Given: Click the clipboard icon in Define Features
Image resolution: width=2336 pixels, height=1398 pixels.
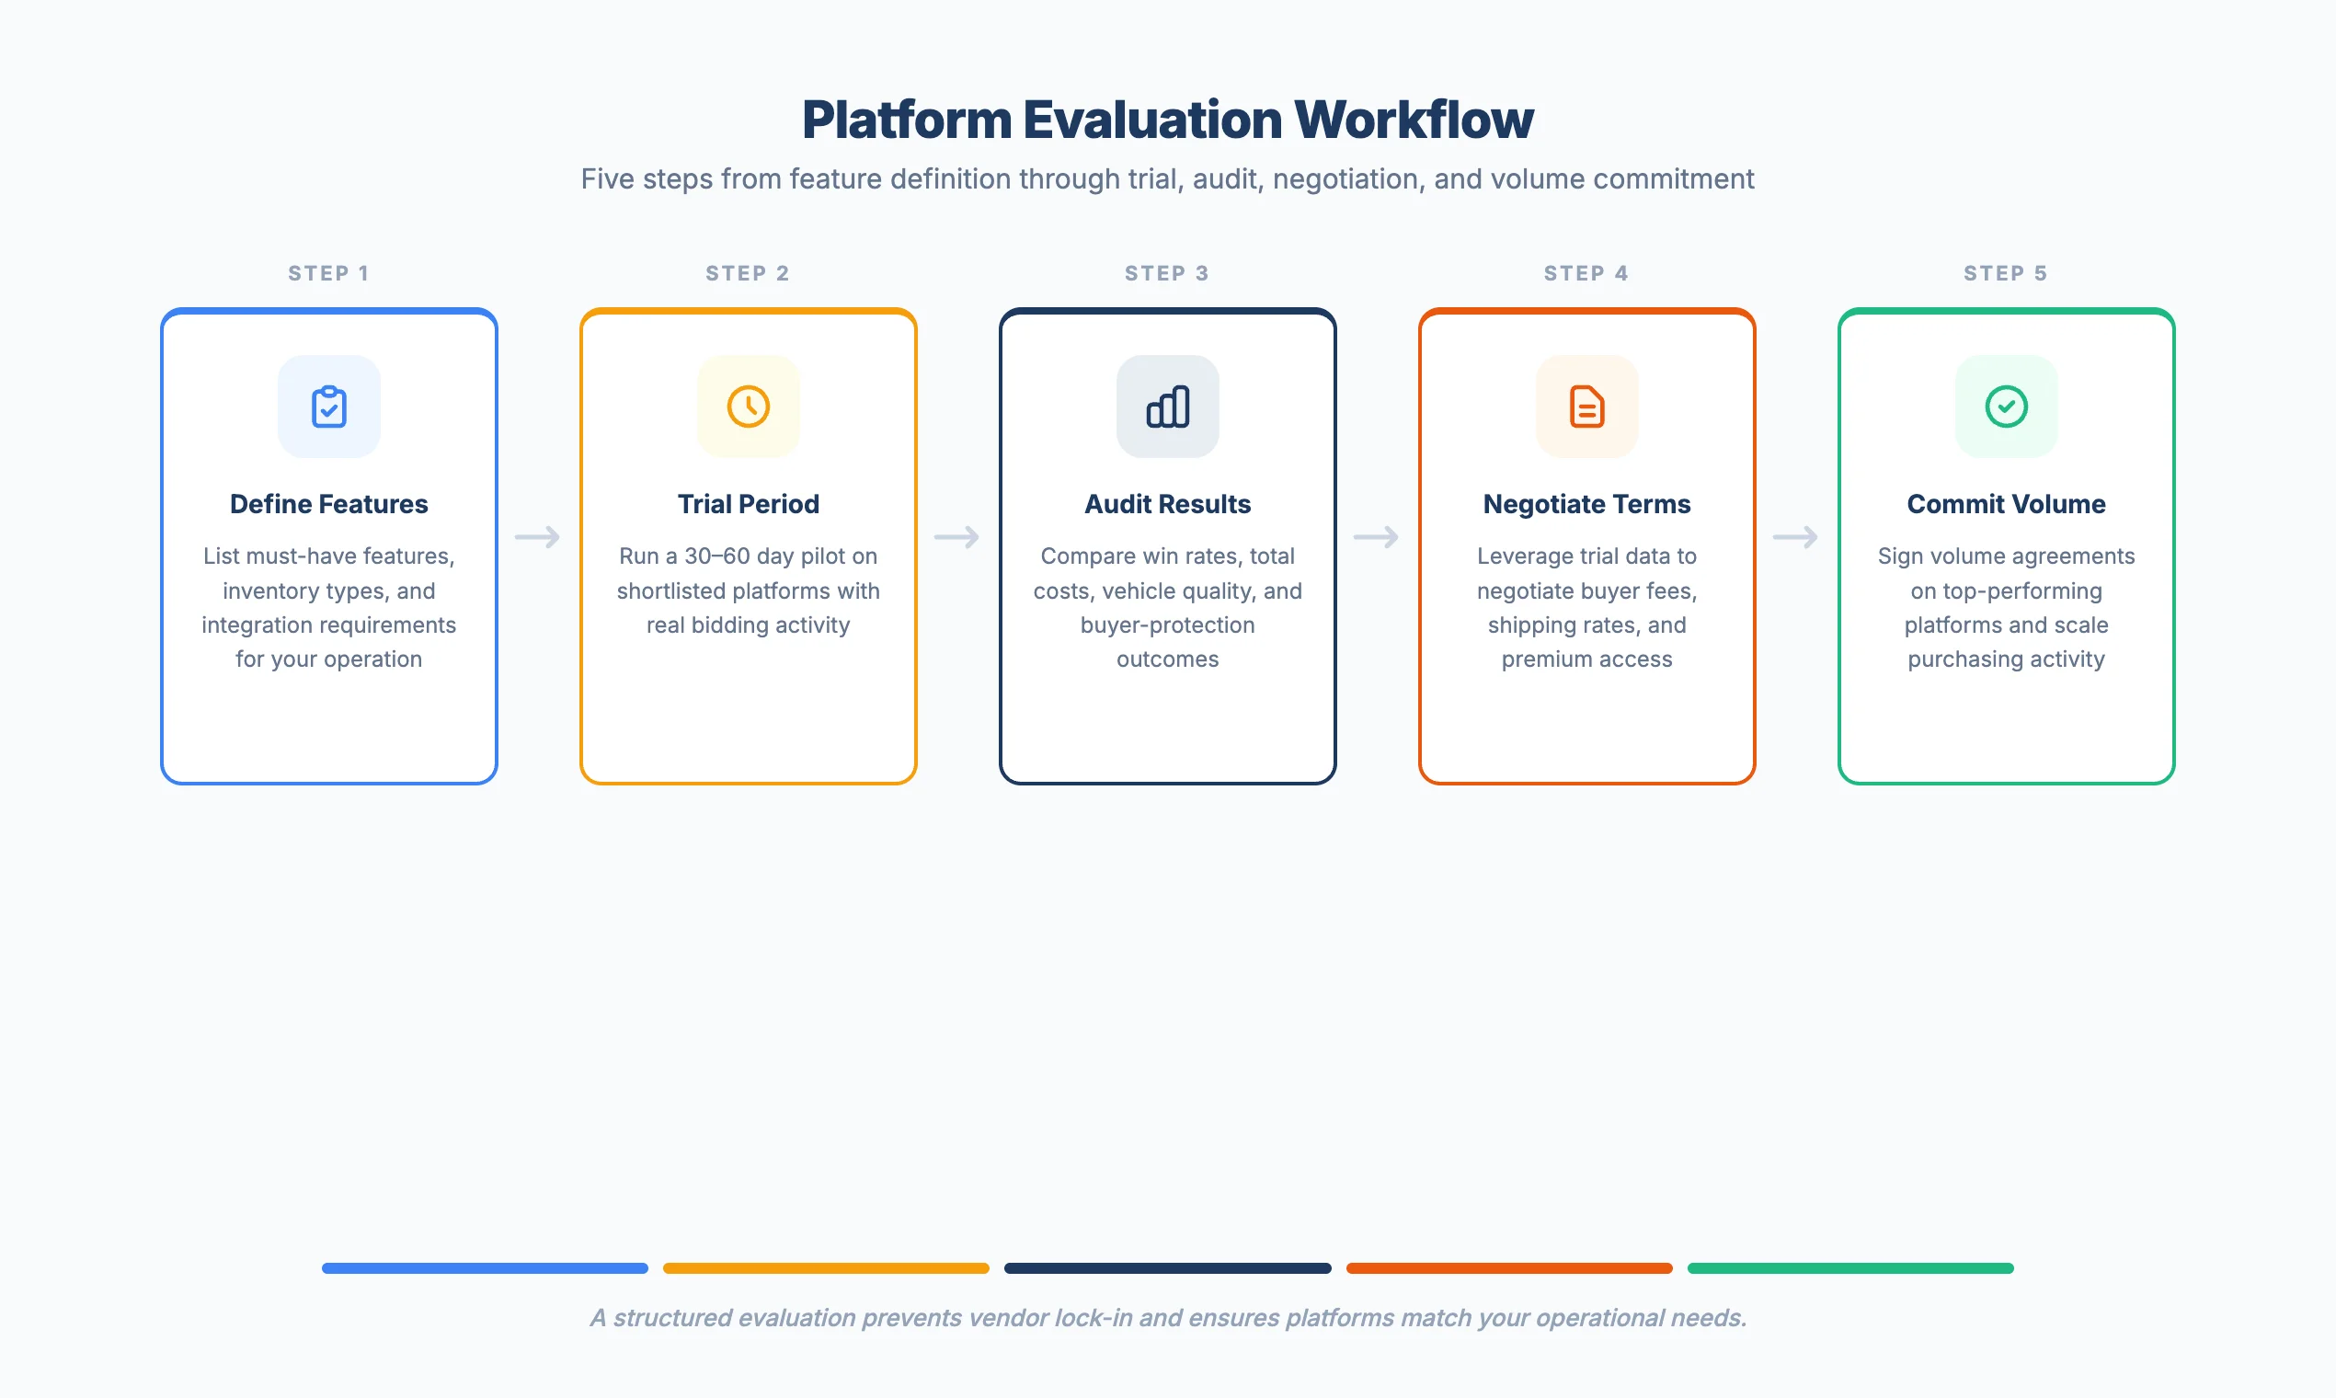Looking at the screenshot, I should point(328,407).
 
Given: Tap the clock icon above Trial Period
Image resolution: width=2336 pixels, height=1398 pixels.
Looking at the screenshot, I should point(748,407).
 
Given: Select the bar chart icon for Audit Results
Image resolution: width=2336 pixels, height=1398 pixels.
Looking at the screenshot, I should point(1167,407).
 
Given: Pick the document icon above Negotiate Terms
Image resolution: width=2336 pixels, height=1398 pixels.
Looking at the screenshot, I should point(1586,407).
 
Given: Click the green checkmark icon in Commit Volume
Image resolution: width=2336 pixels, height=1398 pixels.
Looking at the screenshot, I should point(2006,407).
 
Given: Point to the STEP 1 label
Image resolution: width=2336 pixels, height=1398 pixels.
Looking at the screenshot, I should point(328,273).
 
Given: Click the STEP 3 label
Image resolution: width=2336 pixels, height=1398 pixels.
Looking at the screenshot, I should point(1166,273).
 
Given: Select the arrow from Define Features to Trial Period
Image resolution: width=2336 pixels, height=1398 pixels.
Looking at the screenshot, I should point(538,537).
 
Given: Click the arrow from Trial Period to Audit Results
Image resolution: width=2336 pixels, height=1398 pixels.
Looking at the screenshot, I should point(957,537).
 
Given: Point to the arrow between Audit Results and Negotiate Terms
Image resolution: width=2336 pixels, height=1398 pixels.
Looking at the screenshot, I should point(1376,537).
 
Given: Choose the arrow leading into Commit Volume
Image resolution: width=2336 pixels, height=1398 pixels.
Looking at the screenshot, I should point(1795,537).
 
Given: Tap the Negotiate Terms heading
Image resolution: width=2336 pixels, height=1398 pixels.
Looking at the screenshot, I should point(1586,504).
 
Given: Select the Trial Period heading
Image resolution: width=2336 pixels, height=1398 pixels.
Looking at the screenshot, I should point(748,504).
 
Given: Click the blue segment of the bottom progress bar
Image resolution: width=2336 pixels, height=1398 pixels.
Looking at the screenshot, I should point(485,1268).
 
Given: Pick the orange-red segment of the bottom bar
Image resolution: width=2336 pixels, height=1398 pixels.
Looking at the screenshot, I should point(1509,1268).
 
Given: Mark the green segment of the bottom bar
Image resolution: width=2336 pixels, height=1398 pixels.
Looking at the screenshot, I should point(1850,1268).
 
